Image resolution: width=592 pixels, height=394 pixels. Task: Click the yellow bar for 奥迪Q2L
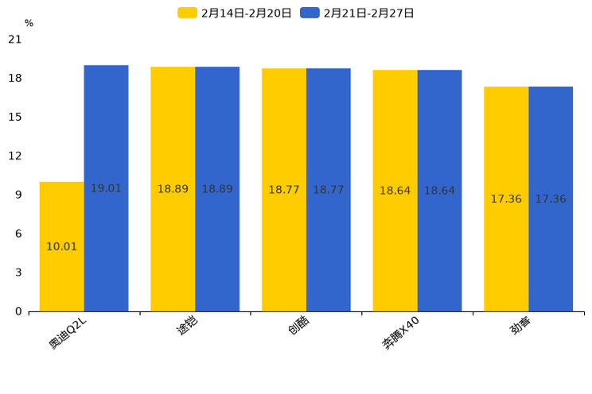pyautogui.click(x=61, y=246)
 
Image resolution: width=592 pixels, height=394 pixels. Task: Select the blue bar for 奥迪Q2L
pyautogui.click(x=106, y=188)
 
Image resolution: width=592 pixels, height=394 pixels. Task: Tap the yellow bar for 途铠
pyautogui.click(x=173, y=189)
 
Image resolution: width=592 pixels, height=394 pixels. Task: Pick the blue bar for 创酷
pyautogui.click(x=328, y=190)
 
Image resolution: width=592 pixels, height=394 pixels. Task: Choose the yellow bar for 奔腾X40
pyautogui.click(x=395, y=191)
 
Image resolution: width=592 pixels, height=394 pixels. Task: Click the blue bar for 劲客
pyautogui.click(x=551, y=199)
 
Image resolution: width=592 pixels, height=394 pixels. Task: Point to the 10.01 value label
pyautogui.click(x=61, y=247)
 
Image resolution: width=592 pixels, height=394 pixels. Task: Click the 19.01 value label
pyautogui.click(x=106, y=189)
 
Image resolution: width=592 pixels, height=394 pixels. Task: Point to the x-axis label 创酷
pyautogui.click(x=298, y=326)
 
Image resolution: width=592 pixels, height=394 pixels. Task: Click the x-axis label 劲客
pyautogui.click(x=521, y=326)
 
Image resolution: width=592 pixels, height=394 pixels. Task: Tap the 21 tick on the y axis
pyautogui.click(x=14, y=40)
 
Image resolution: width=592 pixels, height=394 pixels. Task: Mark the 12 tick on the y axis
pyautogui.click(x=14, y=156)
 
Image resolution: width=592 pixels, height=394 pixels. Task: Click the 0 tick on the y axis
pyautogui.click(x=18, y=311)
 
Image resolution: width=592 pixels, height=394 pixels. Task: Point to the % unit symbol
pyautogui.click(x=29, y=23)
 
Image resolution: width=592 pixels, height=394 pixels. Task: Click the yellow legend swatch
pyautogui.click(x=187, y=13)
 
